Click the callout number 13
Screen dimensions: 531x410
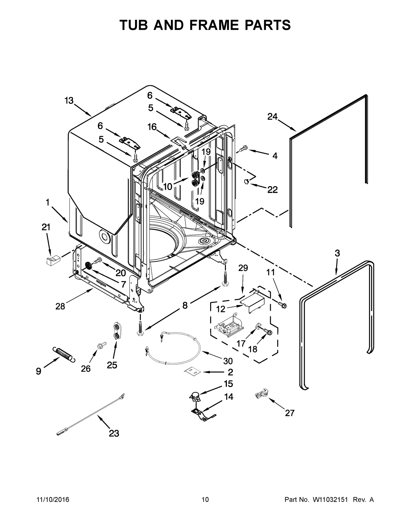69,101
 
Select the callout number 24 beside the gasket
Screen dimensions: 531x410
272,117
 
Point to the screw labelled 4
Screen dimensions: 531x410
243,148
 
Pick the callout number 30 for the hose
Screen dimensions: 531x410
228,361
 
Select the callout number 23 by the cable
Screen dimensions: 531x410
114,433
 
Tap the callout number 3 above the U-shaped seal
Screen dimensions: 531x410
337,253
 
